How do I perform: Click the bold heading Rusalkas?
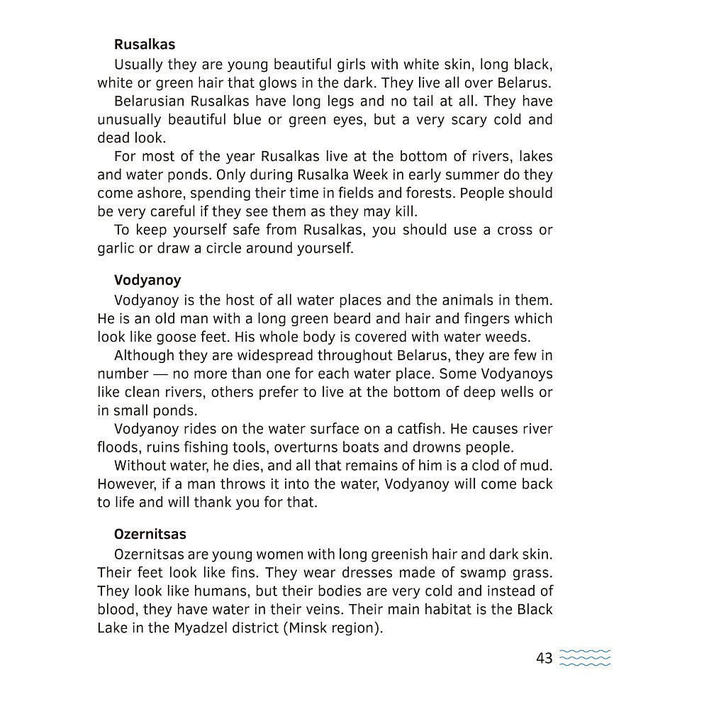point(145,45)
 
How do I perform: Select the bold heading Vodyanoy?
point(147,280)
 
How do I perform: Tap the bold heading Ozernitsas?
point(150,534)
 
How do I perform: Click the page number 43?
point(544,659)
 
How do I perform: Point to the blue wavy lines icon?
point(585,658)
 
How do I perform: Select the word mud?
point(538,466)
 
